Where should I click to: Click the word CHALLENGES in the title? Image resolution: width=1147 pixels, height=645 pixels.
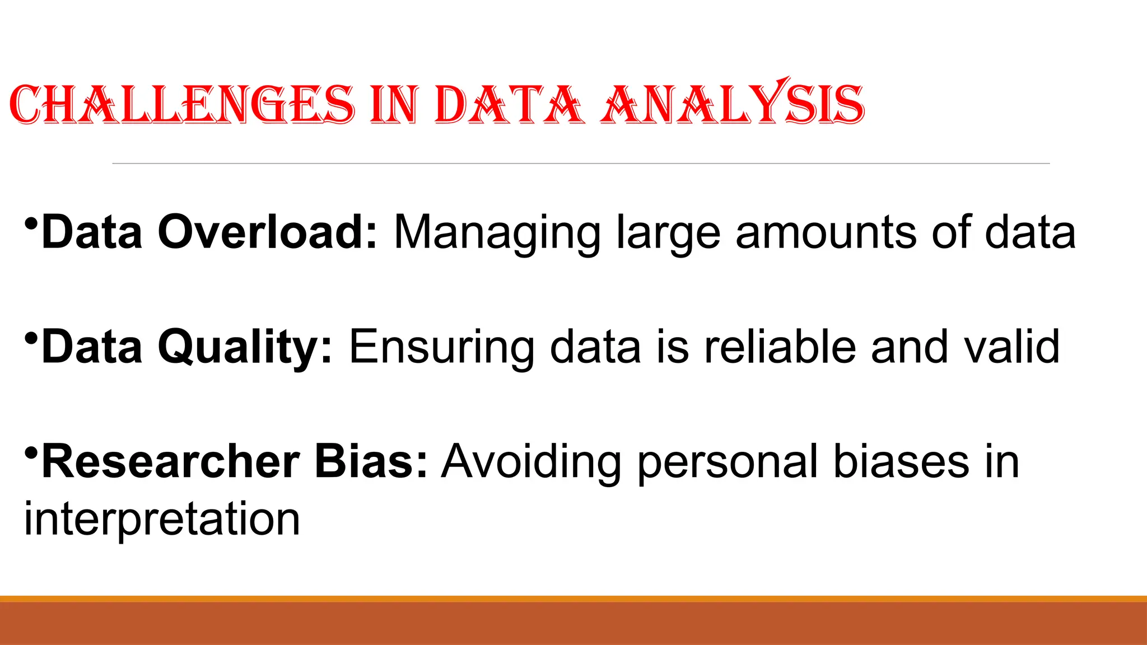click(x=182, y=105)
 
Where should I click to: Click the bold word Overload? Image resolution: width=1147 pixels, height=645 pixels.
click(x=268, y=232)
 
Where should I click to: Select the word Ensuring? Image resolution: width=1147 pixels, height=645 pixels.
click(x=441, y=348)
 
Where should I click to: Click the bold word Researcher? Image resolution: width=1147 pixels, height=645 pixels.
click(x=171, y=461)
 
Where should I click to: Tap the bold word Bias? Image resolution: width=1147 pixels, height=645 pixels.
click(x=371, y=461)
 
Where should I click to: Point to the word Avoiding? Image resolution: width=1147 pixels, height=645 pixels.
click(x=531, y=462)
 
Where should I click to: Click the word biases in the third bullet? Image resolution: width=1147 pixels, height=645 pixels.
click(x=901, y=461)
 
